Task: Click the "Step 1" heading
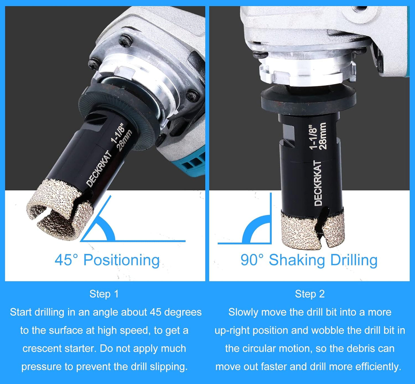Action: click(104, 294)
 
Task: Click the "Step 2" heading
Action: click(310, 294)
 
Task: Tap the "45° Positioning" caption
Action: click(107, 260)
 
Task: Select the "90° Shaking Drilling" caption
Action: click(309, 260)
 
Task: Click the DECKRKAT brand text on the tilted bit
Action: click(99, 169)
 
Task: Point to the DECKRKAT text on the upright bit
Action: click(318, 183)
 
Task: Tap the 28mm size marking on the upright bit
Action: click(323, 136)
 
